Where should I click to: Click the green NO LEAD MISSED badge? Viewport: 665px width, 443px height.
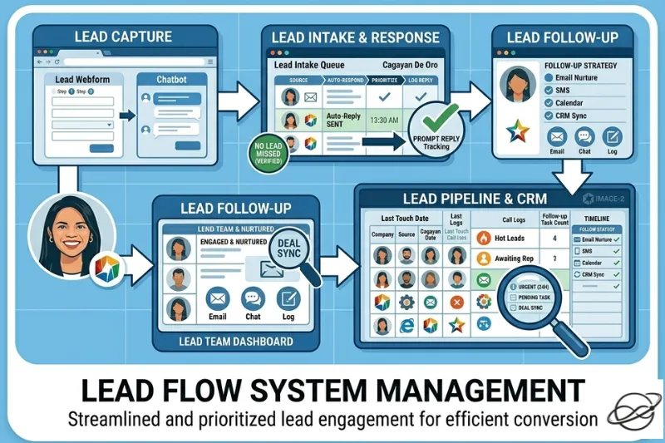click(268, 155)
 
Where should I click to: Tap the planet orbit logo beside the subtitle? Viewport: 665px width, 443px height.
click(635, 412)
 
